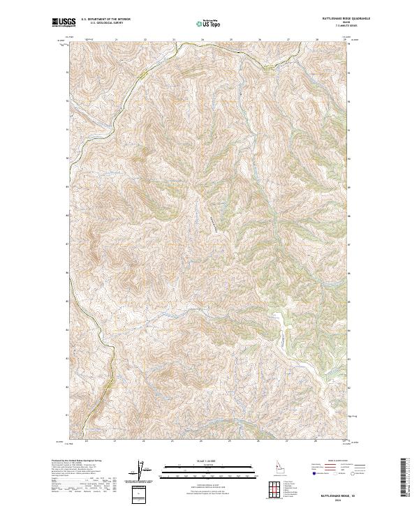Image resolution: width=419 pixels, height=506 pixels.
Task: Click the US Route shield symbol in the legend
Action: click(x=336, y=473)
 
